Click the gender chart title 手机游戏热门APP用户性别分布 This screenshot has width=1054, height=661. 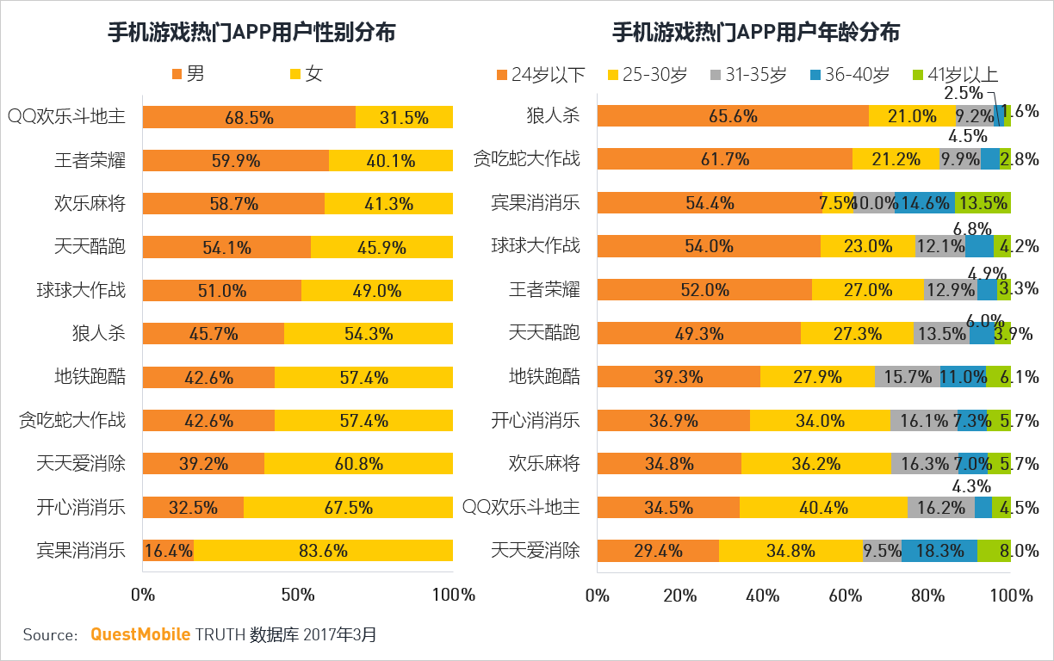(x=251, y=33)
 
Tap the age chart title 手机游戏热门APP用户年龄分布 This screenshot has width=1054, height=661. (x=755, y=33)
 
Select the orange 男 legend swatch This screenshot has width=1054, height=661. (x=178, y=74)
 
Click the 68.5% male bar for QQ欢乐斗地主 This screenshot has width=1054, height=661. (x=249, y=117)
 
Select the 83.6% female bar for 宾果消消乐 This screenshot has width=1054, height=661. (x=323, y=550)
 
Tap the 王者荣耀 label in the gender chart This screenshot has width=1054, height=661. (x=90, y=160)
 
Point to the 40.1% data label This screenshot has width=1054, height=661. (x=390, y=161)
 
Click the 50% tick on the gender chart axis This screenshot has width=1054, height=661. (x=297, y=595)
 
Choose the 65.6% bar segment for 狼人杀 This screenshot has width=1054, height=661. (x=732, y=116)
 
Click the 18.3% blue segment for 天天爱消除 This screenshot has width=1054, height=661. (x=939, y=550)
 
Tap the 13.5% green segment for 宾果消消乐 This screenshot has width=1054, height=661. (x=983, y=203)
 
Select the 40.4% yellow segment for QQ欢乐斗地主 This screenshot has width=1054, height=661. (x=823, y=507)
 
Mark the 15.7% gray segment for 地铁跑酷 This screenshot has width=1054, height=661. (x=907, y=377)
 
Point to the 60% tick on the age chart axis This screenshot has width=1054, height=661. (x=846, y=595)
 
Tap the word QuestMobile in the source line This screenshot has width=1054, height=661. (x=140, y=635)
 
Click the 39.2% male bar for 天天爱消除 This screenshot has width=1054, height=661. (x=203, y=463)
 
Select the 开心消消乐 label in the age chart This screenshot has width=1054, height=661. (x=536, y=420)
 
